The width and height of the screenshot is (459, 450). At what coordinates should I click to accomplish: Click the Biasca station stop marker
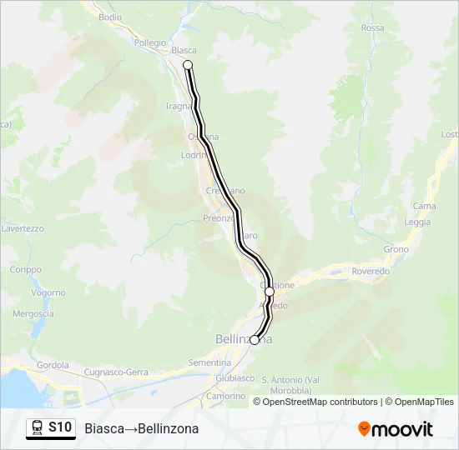188,65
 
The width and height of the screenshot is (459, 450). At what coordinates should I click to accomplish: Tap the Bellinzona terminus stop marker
255,340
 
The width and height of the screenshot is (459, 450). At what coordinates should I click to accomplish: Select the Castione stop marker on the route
270,292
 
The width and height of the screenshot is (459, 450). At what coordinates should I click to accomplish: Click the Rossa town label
373,28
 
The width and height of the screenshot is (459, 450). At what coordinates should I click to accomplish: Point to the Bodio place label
109,17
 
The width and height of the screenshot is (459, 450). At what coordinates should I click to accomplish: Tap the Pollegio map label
150,42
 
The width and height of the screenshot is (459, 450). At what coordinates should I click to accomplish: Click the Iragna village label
179,107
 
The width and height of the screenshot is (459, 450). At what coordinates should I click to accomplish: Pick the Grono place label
396,249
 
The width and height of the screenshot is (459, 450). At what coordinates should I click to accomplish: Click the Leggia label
417,222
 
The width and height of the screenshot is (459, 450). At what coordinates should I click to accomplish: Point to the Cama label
424,206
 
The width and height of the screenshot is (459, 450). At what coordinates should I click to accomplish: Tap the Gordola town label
53,365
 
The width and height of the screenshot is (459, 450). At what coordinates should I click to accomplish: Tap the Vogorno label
48,292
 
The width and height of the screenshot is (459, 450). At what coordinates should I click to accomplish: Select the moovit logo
396,429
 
